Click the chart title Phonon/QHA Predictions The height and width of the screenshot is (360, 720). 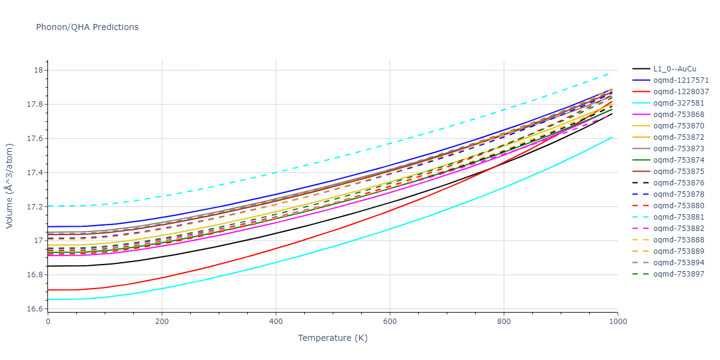coord(87,27)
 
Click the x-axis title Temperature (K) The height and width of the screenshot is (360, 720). coord(332,338)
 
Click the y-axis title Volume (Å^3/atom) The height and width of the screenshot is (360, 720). coord(10,185)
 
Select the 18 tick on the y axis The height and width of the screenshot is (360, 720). coord(40,70)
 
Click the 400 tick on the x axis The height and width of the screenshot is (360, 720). coord(276,322)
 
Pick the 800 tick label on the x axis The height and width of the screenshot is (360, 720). coord(504,322)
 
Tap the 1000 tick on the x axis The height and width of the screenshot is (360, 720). coord(618,322)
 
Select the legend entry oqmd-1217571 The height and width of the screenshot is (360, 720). coord(681,80)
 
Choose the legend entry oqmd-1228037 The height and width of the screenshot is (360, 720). coord(681,92)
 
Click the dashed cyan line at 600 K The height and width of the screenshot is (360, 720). coord(390,143)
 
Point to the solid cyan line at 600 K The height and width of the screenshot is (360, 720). coord(390,229)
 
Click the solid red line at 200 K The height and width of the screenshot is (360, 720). coord(162,277)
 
